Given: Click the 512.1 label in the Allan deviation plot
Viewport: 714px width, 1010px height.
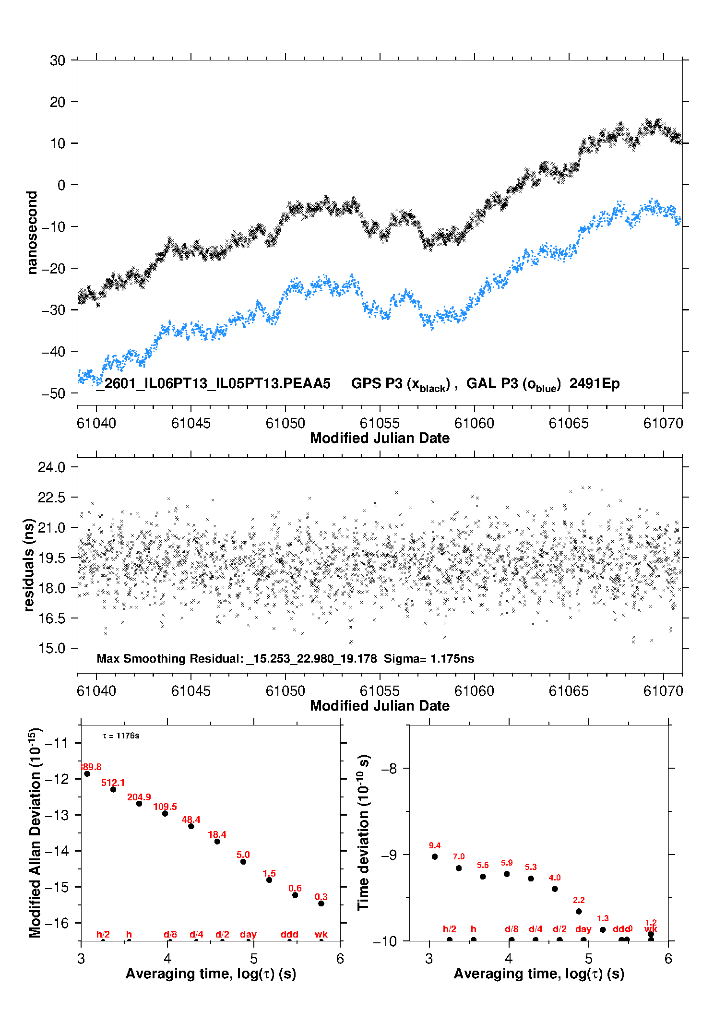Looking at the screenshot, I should pyautogui.click(x=113, y=783).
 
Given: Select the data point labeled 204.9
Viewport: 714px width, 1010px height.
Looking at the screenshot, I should pyautogui.click(x=139, y=804).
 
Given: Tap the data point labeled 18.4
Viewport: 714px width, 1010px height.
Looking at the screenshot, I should pyautogui.click(x=217, y=841).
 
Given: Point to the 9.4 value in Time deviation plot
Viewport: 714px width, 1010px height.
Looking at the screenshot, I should pyautogui.click(x=435, y=845).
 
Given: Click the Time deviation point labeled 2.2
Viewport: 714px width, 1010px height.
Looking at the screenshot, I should pyautogui.click(x=579, y=911).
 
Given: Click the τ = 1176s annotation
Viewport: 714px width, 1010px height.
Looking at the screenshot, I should pyautogui.click(x=121, y=736).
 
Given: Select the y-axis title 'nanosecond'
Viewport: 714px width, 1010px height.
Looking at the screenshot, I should pyautogui.click(x=32, y=233).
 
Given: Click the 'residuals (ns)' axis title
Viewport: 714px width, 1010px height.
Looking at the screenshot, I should pyautogui.click(x=29, y=565).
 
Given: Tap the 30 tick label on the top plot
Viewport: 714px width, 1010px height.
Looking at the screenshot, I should pyautogui.click(x=58, y=60).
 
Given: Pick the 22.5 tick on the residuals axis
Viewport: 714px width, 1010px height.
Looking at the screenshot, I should pyautogui.click(x=51, y=498).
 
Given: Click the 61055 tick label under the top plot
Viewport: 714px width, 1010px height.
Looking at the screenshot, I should pyautogui.click(x=380, y=423).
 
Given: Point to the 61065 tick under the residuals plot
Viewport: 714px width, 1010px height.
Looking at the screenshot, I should pyautogui.click(x=569, y=691).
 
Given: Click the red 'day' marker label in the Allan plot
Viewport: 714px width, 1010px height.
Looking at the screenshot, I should pyautogui.click(x=248, y=934).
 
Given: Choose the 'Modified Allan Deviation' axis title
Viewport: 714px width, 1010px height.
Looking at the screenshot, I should pyautogui.click(x=35, y=832).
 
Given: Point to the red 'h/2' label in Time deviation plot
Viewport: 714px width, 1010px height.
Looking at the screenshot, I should pyautogui.click(x=450, y=929).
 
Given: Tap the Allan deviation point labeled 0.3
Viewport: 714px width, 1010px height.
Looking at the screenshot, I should pyautogui.click(x=321, y=903).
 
